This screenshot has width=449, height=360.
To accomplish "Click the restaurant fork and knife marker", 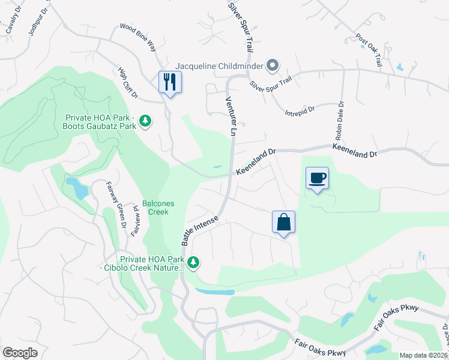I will [x=169, y=82].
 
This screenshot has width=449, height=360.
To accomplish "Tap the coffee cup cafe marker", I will [x=317, y=178].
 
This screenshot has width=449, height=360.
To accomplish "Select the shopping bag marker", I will [x=283, y=222].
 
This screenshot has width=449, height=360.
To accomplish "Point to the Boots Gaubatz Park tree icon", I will [x=145, y=122].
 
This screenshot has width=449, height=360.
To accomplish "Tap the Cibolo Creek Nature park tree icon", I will [x=193, y=262].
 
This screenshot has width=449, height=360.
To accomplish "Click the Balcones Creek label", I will [x=158, y=208].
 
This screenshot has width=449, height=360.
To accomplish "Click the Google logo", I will [x=20, y=352].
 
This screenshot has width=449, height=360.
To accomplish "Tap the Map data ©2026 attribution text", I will [x=423, y=355].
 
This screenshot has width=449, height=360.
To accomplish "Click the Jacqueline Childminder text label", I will [x=220, y=65].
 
